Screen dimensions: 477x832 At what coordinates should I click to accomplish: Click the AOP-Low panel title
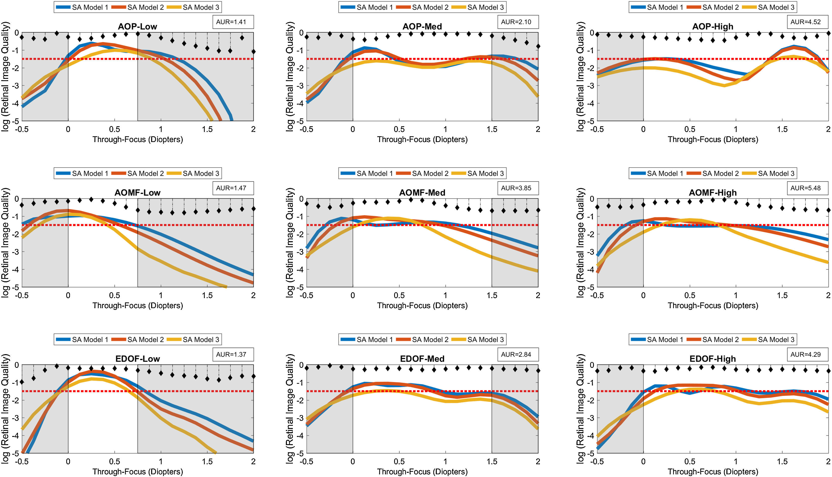(x=137, y=27)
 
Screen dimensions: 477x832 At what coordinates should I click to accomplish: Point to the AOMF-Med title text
(x=422, y=193)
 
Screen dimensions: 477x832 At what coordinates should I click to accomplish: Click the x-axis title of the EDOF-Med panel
(x=422, y=472)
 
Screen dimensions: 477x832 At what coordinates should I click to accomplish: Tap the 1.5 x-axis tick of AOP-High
(x=782, y=129)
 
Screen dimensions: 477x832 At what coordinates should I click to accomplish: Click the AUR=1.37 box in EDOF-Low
(x=231, y=354)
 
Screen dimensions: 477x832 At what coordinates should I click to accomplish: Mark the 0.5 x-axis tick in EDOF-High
(x=690, y=462)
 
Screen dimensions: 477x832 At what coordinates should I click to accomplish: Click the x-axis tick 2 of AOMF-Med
(x=538, y=295)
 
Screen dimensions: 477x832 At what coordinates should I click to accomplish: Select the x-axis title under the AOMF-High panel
(x=713, y=305)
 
